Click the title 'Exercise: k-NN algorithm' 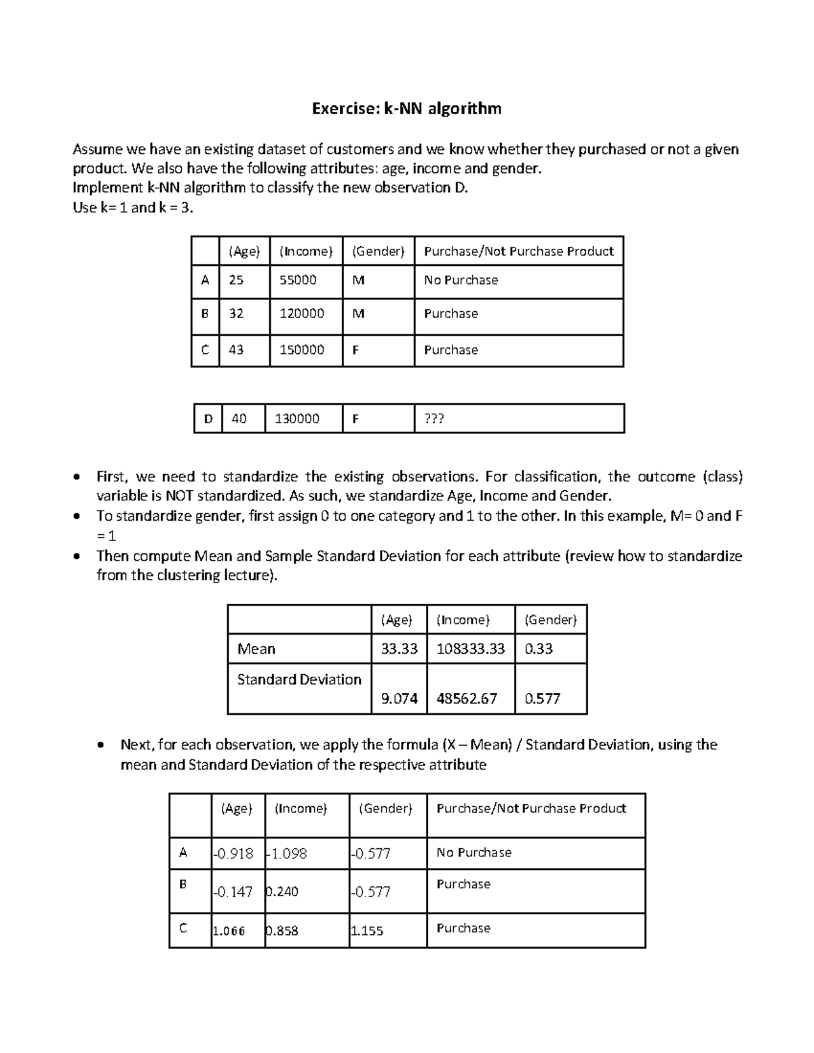(x=406, y=108)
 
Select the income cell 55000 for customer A (x=298, y=280)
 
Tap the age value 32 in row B (x=236, y=314)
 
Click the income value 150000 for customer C (x=302, y=350)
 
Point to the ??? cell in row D (x=434, y=419)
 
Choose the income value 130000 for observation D (x=297, y=419)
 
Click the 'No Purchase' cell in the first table (x=461, y=280)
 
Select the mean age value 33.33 (x=399, y=649)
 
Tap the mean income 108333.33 (x=471, y=649)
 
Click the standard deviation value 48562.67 (x=467, y=698)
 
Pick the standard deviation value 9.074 (x=399, y=698)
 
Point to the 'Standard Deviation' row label (x=299, y=679)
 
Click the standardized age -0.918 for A (x=233, y=854)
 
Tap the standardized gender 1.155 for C (x=367, y=931)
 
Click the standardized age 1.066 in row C (x=229, y=931)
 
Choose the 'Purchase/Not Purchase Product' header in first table (x=519, y=252)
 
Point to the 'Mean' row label (x=256, y=649)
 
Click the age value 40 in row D (x=239, y=419)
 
